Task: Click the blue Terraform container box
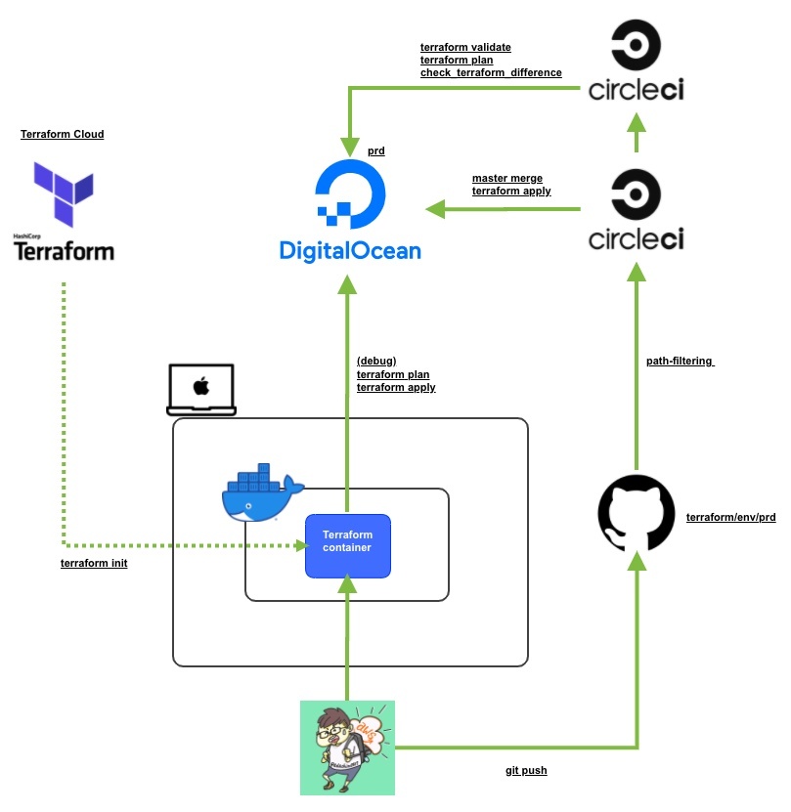coord(348,544)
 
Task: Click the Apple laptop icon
coord(201,389)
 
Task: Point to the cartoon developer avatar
coord(347,747)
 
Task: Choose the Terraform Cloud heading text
coord(63,134)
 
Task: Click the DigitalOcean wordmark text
coord(350,250)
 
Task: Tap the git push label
coord(526,771)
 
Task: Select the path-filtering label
coord(680,361)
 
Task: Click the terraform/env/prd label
coord(731,516)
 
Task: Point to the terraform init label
coord(94,564)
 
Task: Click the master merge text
coord(507,178)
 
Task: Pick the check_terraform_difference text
coord(491,72)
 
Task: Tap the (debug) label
coord(376,361)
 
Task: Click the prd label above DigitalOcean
coord(376,151)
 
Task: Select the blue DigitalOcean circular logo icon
coord(350,191)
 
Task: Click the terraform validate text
coord(465,47)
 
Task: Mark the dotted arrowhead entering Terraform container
coord(301,544)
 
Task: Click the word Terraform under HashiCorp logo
coord(64,251)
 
